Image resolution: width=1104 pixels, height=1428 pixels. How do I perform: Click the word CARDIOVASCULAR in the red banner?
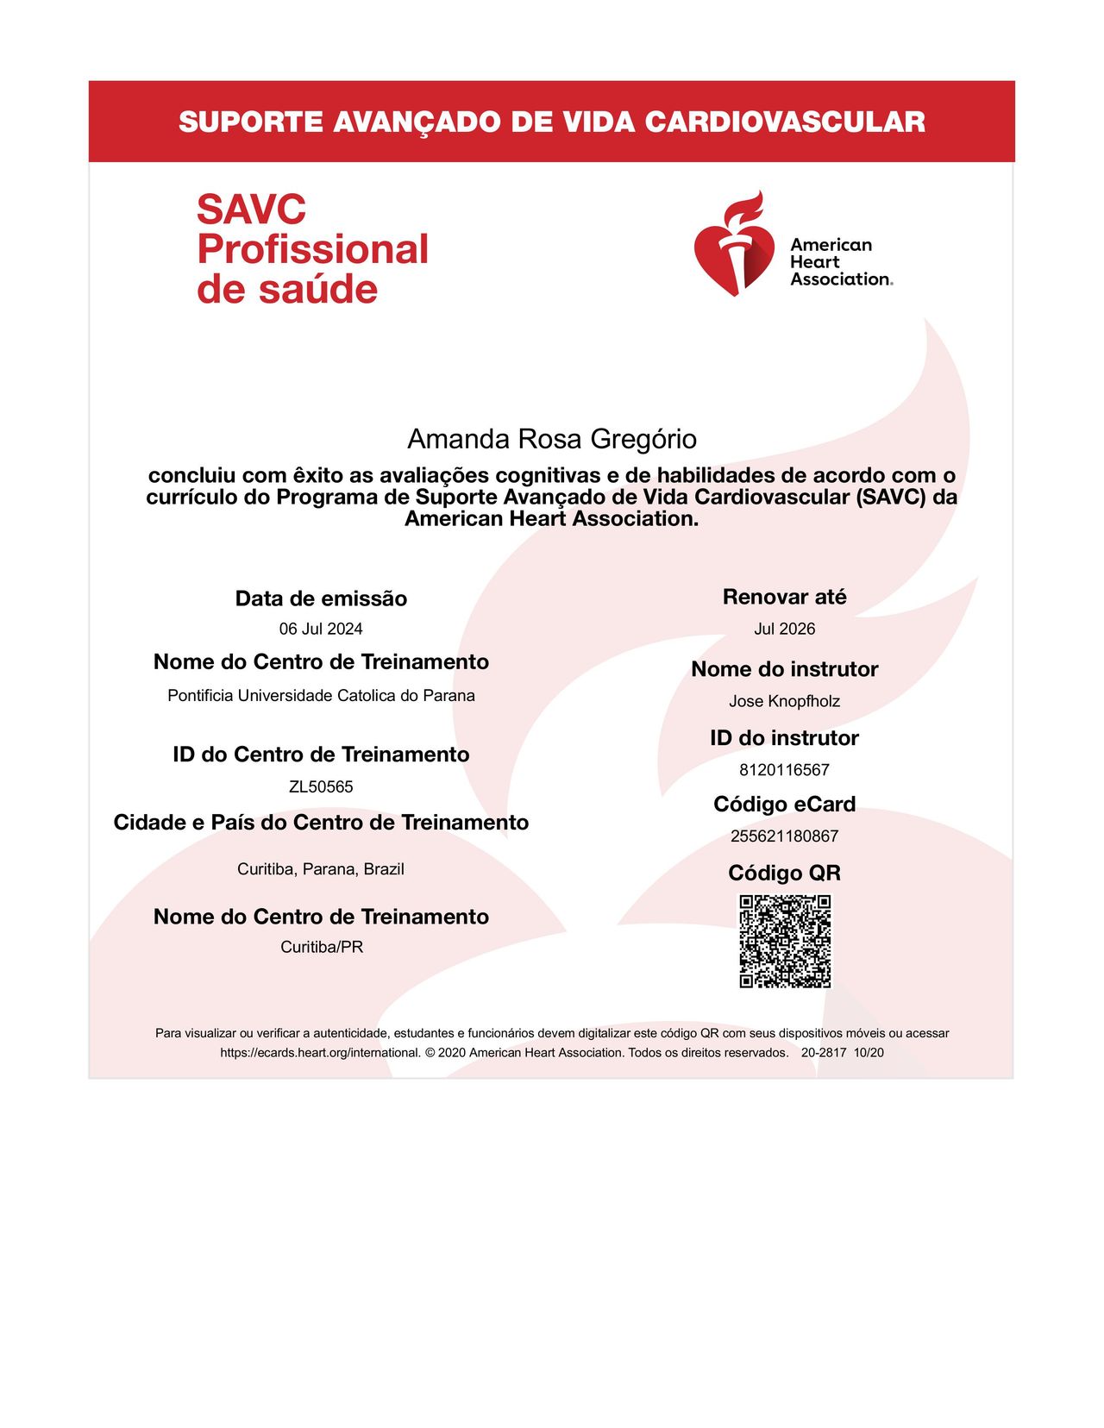784,122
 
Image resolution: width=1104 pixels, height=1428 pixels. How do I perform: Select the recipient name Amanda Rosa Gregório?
552,439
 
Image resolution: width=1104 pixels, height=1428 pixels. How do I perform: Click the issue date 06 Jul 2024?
321,629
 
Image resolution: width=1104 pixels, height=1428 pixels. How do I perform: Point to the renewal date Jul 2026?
784,629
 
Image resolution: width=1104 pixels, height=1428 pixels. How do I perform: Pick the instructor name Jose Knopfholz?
784,701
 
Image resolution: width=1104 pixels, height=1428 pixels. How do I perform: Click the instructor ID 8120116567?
784,769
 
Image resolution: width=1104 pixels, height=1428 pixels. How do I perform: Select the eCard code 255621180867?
784,836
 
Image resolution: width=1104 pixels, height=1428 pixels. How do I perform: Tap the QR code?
785,941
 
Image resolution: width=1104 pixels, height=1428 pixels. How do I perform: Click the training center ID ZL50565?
321,786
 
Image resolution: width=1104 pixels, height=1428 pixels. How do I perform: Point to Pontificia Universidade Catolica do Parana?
321,695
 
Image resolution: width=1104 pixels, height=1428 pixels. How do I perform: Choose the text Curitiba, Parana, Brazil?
321,869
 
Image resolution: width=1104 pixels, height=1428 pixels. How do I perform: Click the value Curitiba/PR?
322,947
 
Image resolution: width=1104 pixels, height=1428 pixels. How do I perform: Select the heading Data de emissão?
321,598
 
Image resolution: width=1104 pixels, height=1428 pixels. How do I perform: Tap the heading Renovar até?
784,597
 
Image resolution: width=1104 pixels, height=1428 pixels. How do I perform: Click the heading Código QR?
784,873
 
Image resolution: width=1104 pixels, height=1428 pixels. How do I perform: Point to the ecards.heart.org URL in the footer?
320,1053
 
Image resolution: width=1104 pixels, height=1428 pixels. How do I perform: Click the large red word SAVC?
251,210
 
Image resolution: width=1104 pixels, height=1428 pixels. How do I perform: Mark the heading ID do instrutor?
784,738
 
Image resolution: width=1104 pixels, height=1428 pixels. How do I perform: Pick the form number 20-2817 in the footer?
824,1053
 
